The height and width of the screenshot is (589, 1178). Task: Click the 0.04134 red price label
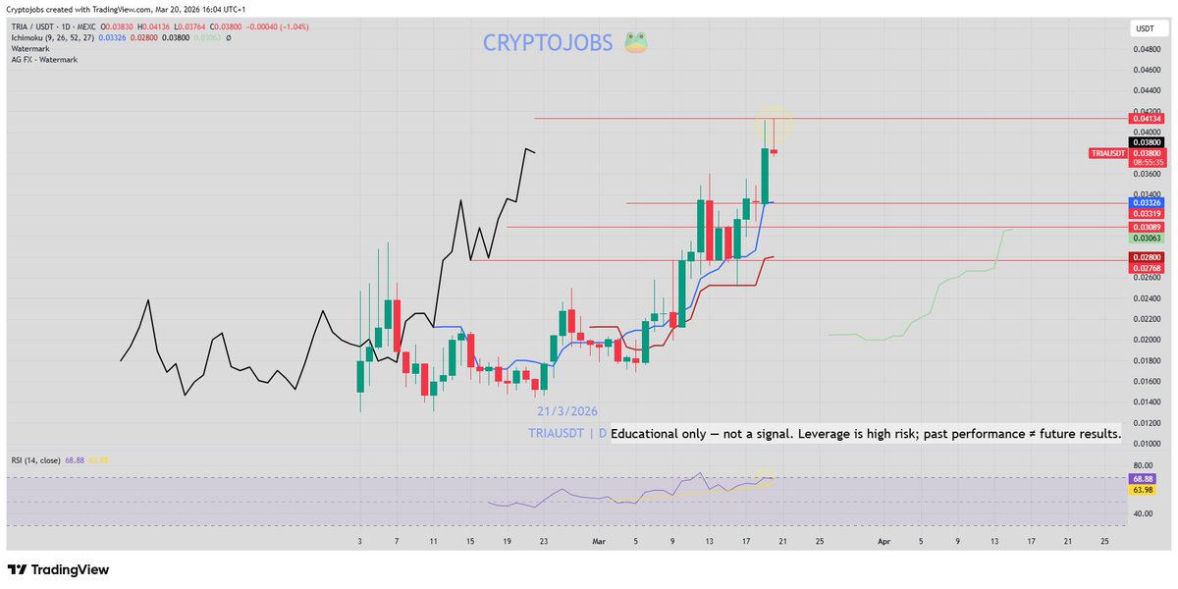coord(1144,119)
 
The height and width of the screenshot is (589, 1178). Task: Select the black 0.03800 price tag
coord(1144,142)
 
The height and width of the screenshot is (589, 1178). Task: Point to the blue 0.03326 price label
coord(1144,203)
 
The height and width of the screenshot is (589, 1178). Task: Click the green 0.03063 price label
coord(1144,239)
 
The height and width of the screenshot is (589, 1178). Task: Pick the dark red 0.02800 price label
coord(1144,257)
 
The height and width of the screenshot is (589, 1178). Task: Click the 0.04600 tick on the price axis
coord(1144,70)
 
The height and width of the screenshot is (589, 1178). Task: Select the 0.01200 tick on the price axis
coord(1144,423)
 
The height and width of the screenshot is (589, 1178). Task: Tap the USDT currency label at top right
coord(1144,28)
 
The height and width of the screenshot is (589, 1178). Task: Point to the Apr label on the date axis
coord(883,541)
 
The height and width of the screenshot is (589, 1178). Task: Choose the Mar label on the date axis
coord(600,541)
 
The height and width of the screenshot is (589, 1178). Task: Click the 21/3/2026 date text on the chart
coord(566,411)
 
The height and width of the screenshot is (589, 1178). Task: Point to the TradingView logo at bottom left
coord(59,569)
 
